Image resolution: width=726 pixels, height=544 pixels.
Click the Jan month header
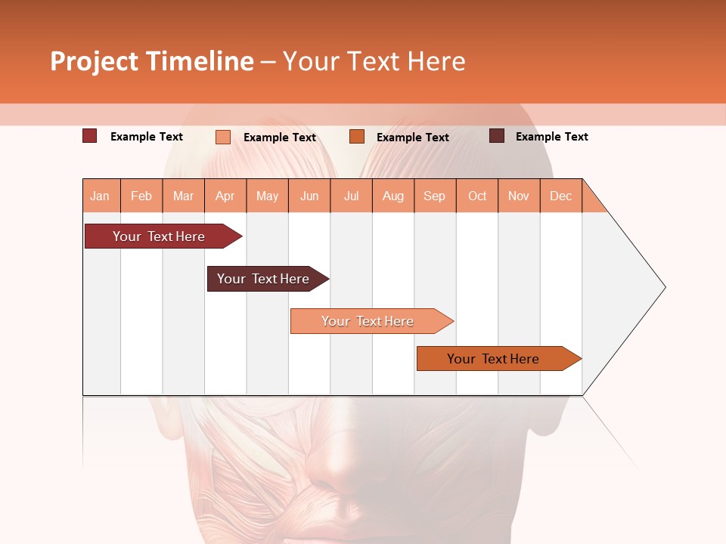click(101, 196)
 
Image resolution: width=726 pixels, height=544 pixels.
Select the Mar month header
click(183, 196)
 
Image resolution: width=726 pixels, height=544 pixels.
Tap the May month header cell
click(267, 196)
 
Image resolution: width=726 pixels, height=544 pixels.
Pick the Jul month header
click(351, 196)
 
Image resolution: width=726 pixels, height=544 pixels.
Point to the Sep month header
click(434, 196)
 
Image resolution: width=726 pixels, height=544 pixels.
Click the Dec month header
click(560, 196)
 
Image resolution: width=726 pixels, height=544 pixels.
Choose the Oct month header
click(477, 196)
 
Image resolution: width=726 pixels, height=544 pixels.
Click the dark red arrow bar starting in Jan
click(159, 236)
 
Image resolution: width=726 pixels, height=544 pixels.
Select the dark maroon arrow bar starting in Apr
click(263, 279)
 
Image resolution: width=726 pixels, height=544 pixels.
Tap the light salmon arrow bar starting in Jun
click(368, 321)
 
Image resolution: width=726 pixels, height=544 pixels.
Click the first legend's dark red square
click(90, 136)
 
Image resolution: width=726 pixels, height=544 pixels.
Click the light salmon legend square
click(223, 137)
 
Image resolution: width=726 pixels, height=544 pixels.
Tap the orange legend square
click(357, 136)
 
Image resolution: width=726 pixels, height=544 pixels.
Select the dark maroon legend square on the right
click(497, 136)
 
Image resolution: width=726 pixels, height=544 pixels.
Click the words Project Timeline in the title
click(152, 62)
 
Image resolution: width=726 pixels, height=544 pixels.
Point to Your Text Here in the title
click(374, 62)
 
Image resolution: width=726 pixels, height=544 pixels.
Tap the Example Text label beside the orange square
click(412, 138)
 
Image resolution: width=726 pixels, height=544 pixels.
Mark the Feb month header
click(141, 196)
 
